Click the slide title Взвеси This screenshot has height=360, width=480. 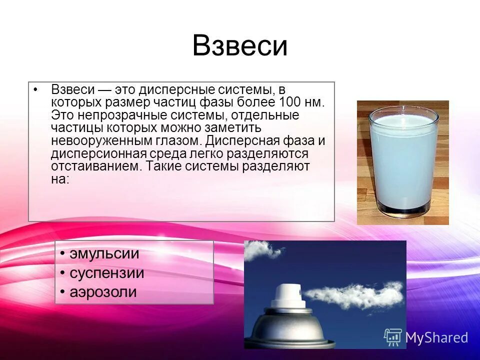[x=239, y=46]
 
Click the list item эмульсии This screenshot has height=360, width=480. [x=104, y=253]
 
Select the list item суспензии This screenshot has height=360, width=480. [x=106, y=273]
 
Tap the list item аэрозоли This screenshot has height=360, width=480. [x=102, y=292]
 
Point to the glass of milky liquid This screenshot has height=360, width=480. [x=402, y=160]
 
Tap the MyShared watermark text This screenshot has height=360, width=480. [x=436, y=337]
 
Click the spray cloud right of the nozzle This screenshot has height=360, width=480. [x=355, y=295]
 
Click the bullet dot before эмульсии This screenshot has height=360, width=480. [x=62, y=254]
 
